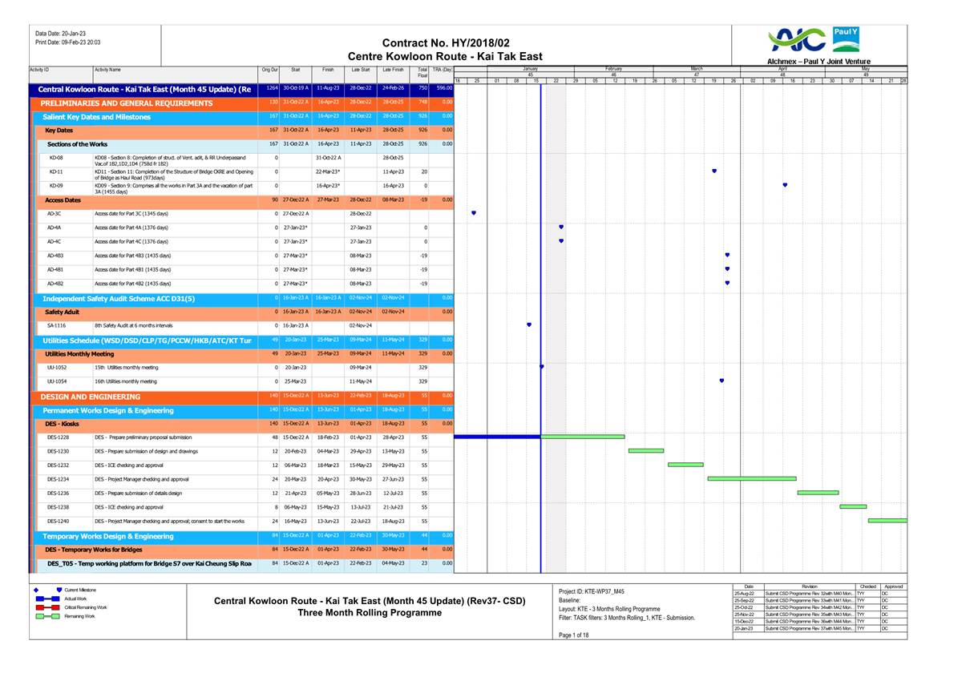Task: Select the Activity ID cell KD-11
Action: (56, 171)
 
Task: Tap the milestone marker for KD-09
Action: (785, 185)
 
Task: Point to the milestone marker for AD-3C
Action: (474, 213)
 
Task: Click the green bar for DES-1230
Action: (645, 451)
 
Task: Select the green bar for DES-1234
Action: (751, 478)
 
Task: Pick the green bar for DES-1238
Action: (853, 506)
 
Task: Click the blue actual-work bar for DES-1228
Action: (497, 437)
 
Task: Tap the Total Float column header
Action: (422, 72)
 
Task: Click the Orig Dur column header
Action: (269, 71)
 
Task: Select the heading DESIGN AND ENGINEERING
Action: (91, 397)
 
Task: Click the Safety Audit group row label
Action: (62, 312)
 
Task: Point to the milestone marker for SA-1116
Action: (529, 324)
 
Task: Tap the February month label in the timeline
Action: (613, 69)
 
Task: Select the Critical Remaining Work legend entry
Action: (85, 607)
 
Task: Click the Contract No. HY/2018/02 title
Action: (445, 42)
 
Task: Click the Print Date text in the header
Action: (67, 42)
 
